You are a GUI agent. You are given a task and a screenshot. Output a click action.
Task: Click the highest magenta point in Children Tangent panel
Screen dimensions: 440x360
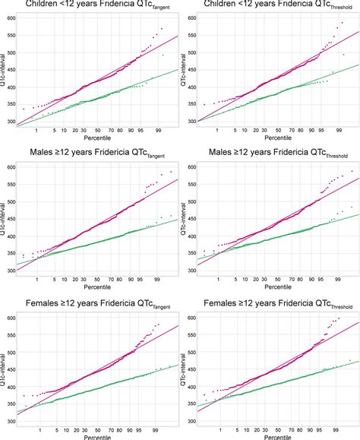[162, 28]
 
